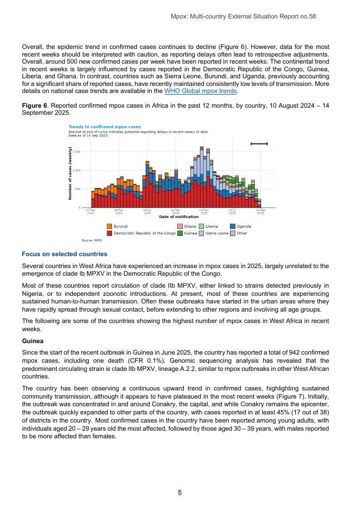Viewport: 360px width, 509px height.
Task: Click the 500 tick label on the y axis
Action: [77, 189]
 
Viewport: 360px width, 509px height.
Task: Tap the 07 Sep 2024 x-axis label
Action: [91, 211]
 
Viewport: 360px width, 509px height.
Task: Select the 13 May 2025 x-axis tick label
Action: [204, 211]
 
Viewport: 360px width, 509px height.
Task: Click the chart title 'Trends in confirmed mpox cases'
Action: [104, 127]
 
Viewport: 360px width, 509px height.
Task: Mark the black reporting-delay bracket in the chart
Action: [259, 144]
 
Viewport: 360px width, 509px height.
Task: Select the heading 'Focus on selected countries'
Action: [64, 254]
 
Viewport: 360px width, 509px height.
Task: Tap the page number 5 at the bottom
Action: [179, 493]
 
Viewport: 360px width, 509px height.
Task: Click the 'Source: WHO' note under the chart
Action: [77, 240]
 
